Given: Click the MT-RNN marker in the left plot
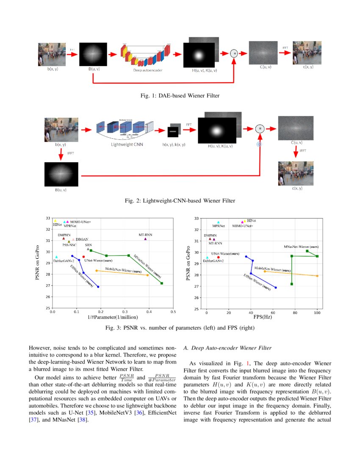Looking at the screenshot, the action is [x=145, y=239].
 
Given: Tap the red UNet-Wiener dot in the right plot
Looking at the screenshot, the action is [x=219, y=257].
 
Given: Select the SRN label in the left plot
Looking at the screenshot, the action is [x=88, y=245].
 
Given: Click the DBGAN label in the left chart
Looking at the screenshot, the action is [x=82, y=239].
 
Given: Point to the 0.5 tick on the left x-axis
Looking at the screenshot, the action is [x=173, y=312].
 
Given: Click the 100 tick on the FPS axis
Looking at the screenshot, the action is [x=317, y=313].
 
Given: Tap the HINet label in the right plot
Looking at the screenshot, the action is [x=251, y=221].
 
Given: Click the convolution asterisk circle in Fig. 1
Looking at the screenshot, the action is [x=234, y=53].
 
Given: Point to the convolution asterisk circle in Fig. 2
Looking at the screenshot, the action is [x=260, y=129].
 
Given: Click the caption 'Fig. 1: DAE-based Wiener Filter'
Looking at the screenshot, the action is [x=180, y=96].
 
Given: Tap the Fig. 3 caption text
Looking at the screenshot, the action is [x=180, y=328].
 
